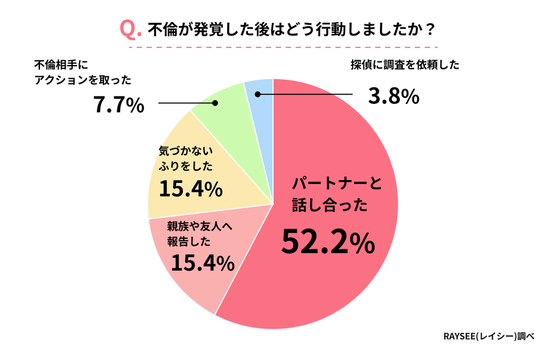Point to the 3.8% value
point(394,96)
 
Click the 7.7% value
point(118,105)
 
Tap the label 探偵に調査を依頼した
point(404,65)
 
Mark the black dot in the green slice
point(215,103)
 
